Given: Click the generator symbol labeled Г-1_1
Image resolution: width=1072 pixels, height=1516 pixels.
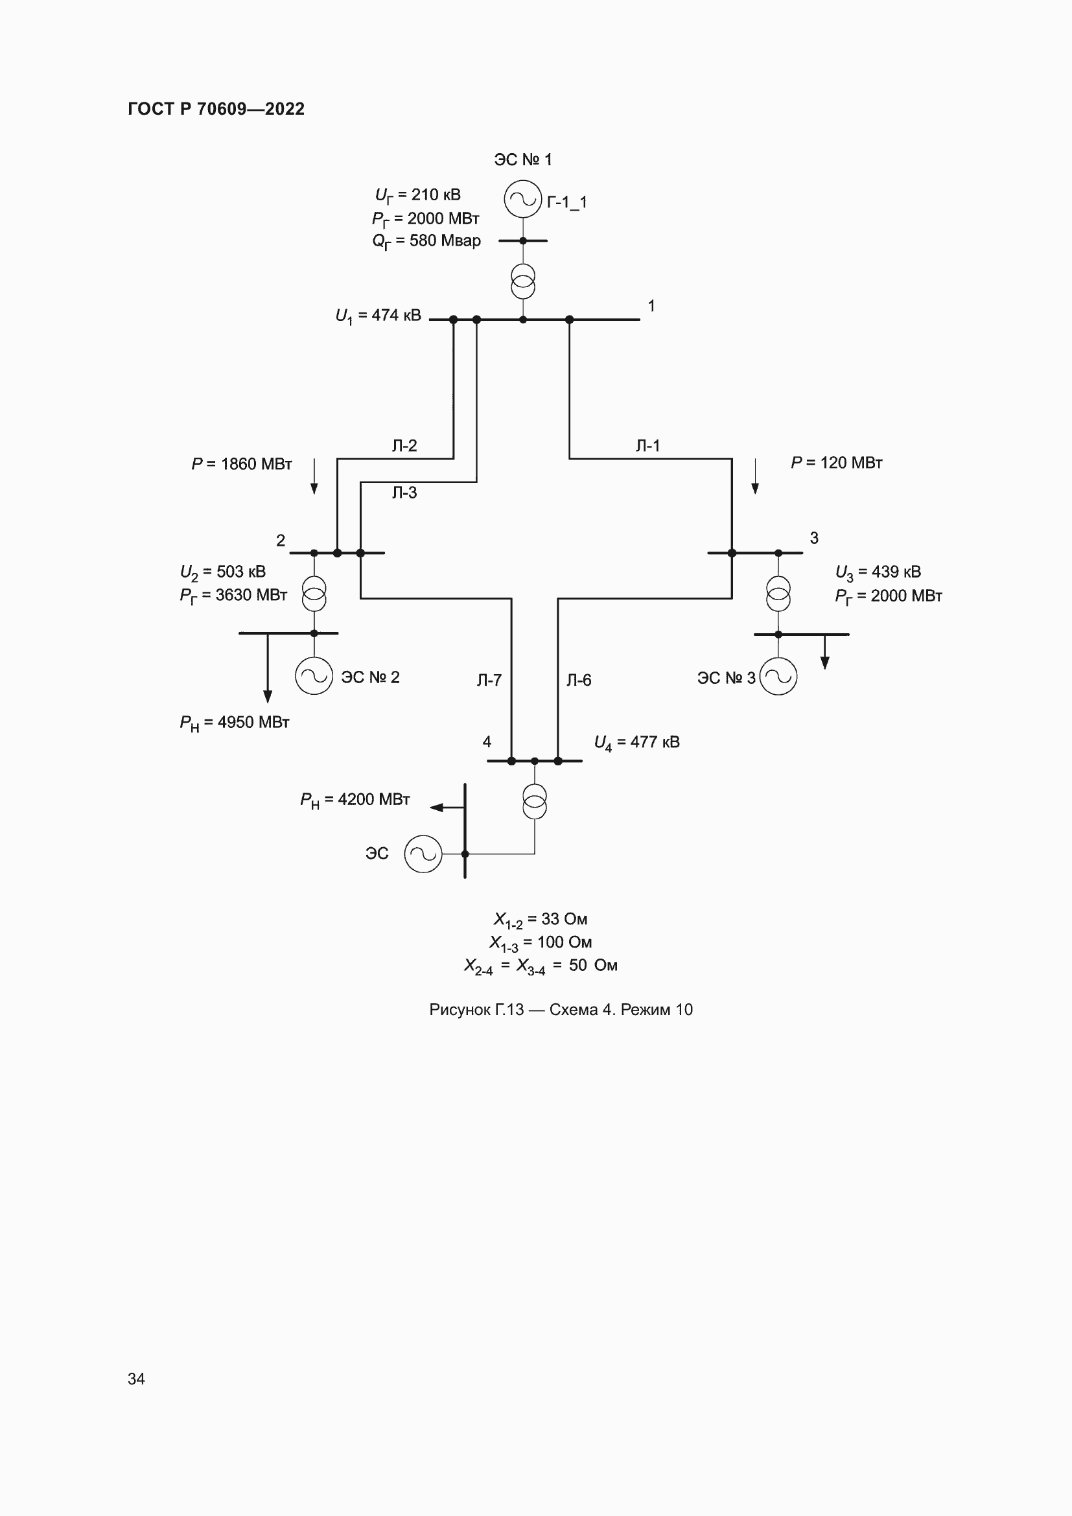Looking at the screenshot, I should (523, 199).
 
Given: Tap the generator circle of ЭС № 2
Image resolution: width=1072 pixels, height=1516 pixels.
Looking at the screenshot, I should (314, 675).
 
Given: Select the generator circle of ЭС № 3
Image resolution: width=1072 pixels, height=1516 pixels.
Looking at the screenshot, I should (778, 676).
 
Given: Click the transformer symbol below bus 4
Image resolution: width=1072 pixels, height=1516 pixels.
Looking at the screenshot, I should (535, 801).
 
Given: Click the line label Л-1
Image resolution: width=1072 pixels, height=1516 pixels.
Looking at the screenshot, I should (647, 446).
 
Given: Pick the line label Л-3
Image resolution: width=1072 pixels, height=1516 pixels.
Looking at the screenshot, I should (404, 493).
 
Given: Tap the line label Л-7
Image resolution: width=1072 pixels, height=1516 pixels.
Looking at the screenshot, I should (489, 680).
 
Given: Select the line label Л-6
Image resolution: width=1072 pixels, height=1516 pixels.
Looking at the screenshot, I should (579, 680).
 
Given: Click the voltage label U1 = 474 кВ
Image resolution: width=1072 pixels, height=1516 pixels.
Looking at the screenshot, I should (378, 316).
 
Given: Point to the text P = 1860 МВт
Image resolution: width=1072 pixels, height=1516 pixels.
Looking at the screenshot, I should (242, 464).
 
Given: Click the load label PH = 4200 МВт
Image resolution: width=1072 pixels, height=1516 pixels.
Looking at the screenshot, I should (355, 800).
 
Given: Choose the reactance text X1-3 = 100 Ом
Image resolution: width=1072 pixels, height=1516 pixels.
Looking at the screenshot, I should (540, 943).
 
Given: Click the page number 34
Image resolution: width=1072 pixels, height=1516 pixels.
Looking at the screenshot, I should (136, 1379).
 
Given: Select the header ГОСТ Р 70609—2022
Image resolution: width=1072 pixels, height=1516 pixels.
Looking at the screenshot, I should (216, 109).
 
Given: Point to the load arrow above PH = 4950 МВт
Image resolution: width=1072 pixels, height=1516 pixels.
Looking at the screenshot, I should (267, 667).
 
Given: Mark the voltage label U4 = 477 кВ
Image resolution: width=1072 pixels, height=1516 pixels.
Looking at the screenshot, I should (636, 743).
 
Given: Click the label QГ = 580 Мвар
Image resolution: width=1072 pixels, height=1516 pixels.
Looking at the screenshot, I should (426, 241).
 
